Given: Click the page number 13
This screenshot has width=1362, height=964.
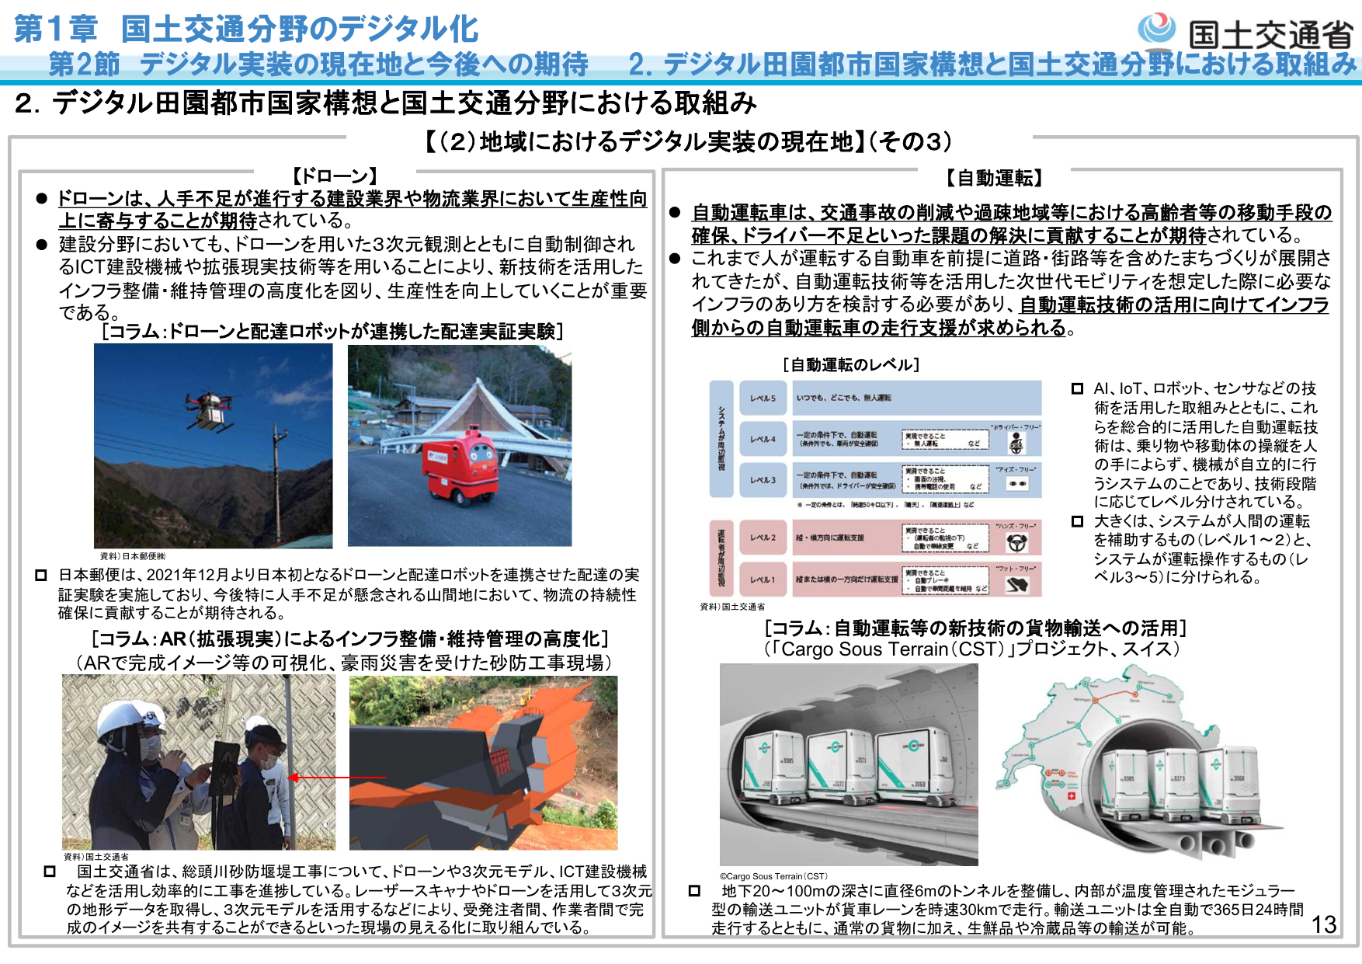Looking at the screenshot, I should (1324, 924).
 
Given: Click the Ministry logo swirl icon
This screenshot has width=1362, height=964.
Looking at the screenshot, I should (1156, 29).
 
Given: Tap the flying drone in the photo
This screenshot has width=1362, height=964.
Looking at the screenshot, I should (208, 407).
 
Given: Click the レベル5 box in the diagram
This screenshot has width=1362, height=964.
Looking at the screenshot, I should (762, 398).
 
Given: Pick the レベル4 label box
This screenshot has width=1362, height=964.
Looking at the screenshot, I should (762, 439).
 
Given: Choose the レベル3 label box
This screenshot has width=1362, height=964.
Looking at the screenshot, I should (762, 480).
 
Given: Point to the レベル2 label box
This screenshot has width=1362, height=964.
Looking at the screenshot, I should (762, 538).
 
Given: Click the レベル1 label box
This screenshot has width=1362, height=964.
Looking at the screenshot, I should (762, 579).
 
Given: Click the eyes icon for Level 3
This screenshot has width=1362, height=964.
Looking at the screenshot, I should (1016, 483).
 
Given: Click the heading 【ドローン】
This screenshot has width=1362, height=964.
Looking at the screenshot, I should (335, 176).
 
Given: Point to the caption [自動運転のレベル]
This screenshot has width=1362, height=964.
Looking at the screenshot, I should (851, 364).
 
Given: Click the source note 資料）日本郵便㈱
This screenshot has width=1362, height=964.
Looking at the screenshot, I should (132, 556).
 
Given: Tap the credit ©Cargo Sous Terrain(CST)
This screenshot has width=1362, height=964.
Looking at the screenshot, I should (773, 876).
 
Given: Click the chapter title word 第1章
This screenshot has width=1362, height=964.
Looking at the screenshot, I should (56, 29).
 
